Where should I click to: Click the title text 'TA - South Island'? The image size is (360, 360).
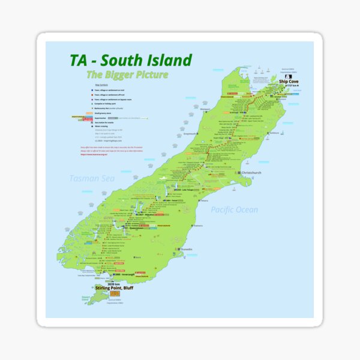(130, 60)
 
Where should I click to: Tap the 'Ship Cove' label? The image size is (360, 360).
(289, 82)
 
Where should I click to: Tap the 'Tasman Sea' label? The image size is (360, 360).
(91, 178)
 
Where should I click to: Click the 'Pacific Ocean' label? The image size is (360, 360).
(234, 209)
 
